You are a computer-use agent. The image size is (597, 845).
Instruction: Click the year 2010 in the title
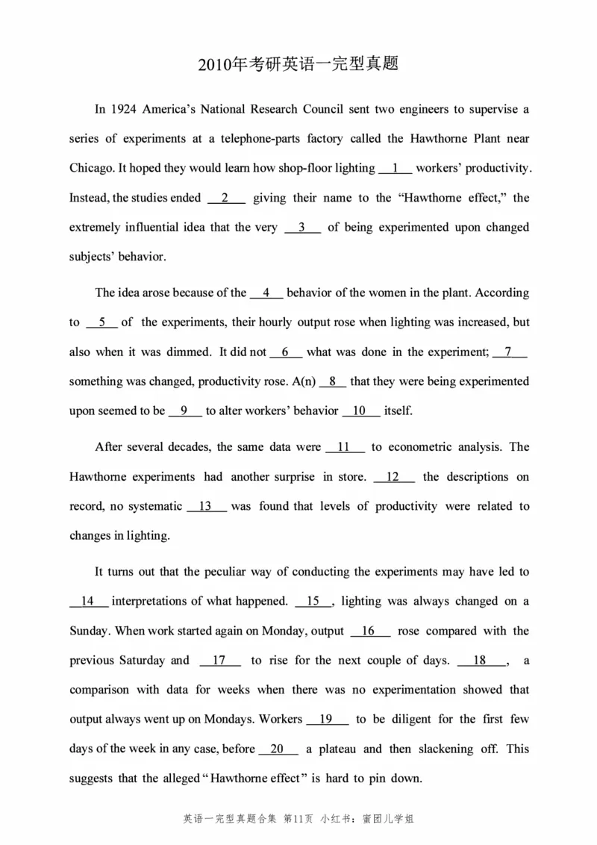(214, 65)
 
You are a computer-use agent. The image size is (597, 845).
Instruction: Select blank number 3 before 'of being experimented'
(302, 227)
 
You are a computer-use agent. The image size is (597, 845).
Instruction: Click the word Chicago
(90, 168)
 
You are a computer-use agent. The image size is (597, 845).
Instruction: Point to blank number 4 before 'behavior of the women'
(266, 293)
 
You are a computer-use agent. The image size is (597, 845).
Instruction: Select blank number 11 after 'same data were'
(345, 447)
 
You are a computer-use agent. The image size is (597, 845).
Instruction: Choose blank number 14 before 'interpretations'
(89, 601)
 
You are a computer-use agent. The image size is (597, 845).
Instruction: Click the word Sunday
(89, 631)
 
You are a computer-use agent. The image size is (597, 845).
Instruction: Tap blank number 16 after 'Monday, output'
(369, 631)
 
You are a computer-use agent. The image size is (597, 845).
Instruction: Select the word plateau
(339, 749)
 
